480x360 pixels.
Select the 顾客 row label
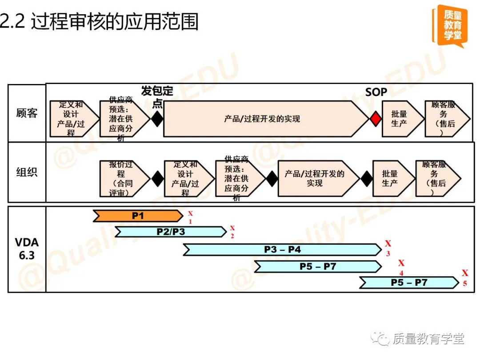click(27, 113)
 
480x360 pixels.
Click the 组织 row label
click(27, 172)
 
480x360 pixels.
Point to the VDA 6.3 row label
click(27, 249)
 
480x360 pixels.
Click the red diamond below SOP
click(376, 119)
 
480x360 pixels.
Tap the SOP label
click(376, 92)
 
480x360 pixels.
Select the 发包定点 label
click(157, 96)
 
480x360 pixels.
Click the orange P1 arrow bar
click(138, 216)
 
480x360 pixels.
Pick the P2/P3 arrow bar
click(171, 232)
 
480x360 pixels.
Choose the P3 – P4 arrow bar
click(282, 250)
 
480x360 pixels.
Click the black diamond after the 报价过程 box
click(158, 179)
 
